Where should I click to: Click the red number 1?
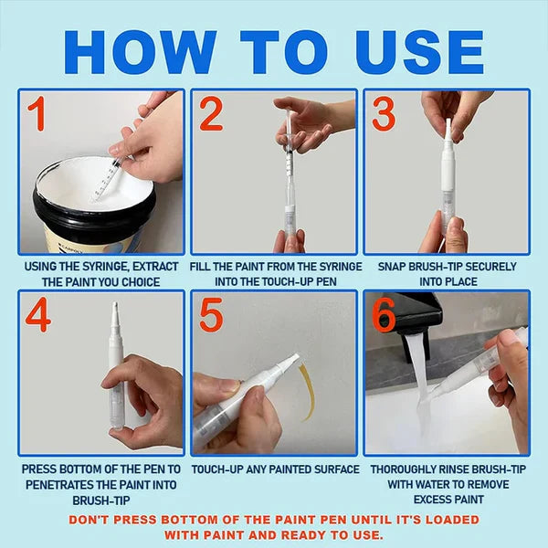pos(37,114)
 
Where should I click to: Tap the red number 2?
pos(211,114)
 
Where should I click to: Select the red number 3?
pos(384,114)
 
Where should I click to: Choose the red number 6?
pos(384,315)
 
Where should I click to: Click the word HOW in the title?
pos(140,52)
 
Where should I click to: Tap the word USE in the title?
pos(419,52)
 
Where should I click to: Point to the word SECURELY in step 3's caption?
pos(490,267)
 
